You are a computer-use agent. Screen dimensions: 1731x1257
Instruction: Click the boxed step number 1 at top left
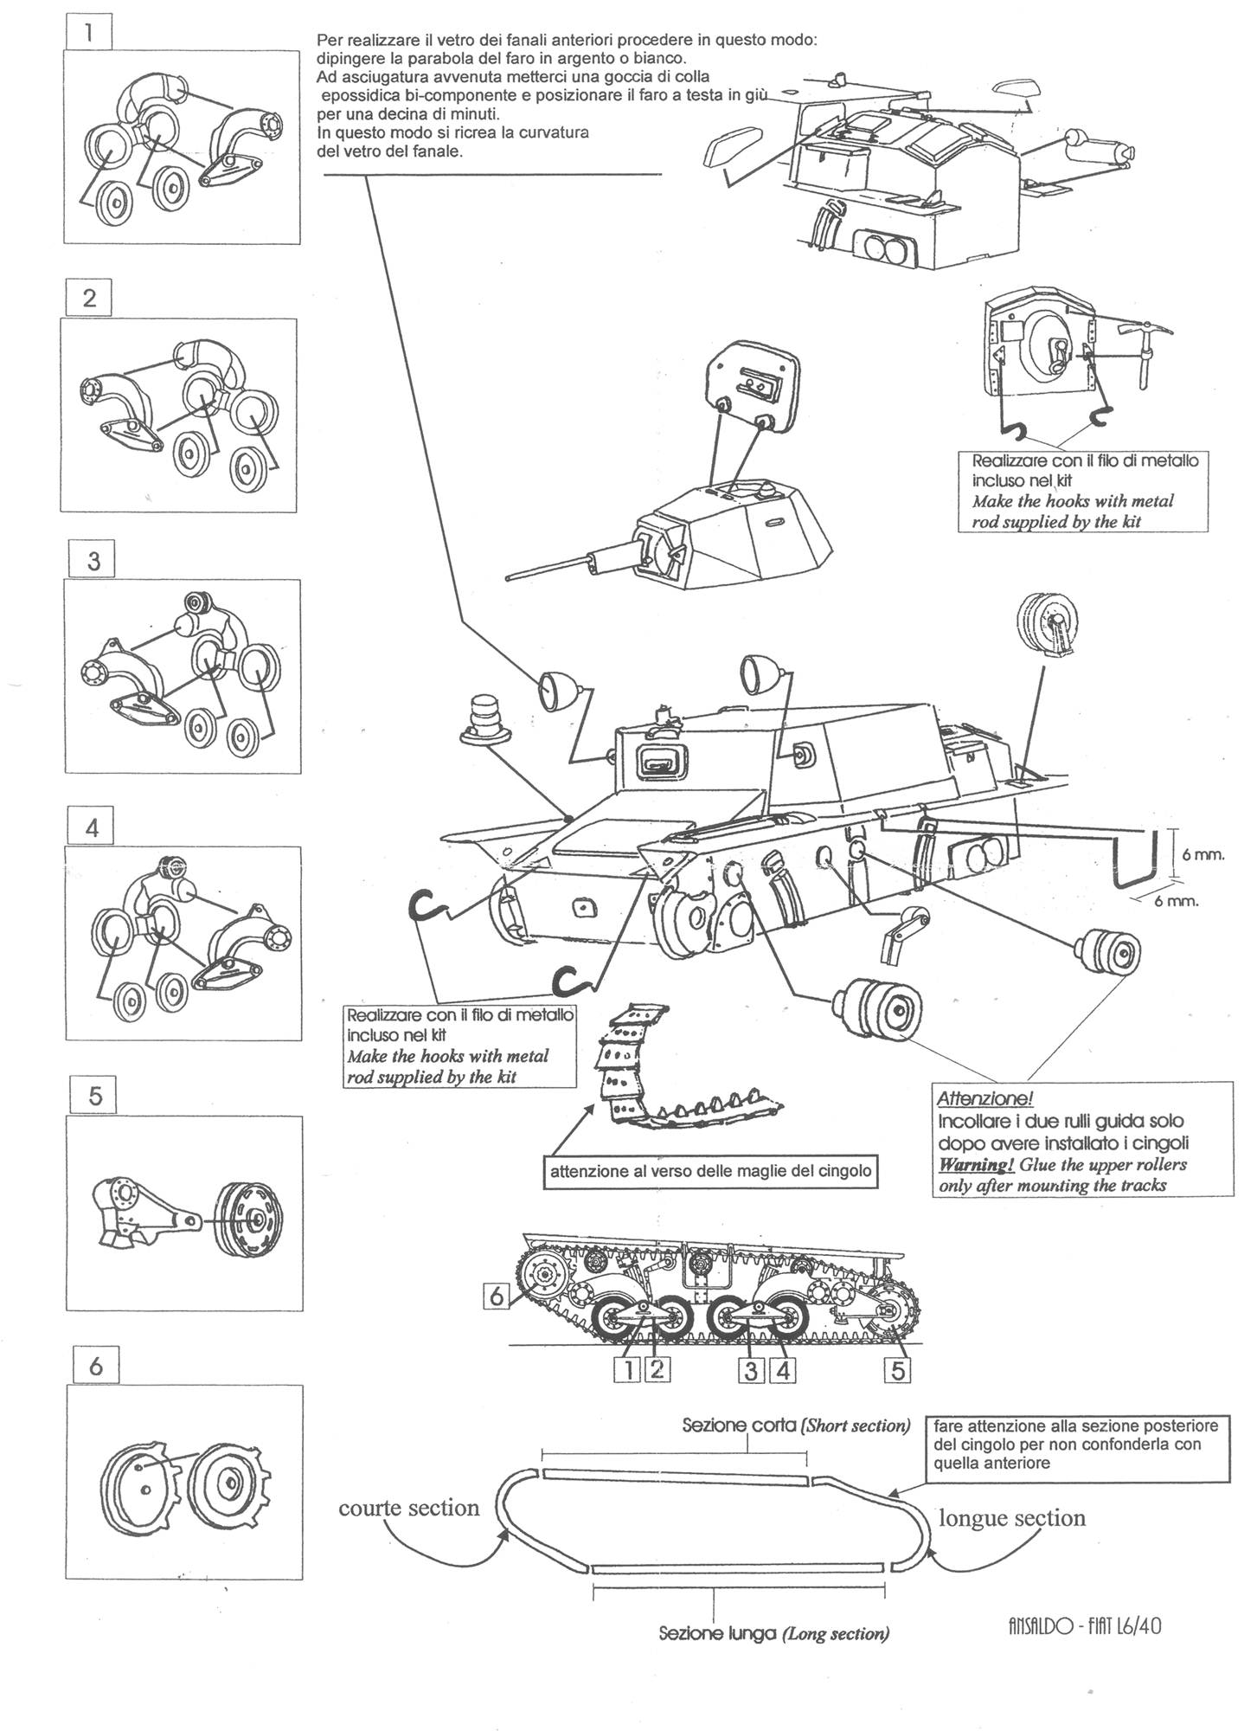point(90,35)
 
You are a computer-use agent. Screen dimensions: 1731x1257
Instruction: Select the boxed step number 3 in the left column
point(93,561)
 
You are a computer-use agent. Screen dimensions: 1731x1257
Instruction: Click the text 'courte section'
point(408,1507)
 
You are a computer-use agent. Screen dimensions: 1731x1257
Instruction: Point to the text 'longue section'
point(1011,1517)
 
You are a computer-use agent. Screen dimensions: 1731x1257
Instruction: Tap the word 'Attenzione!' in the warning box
point(984,1098)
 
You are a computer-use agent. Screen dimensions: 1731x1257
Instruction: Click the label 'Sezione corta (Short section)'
point(796,1425)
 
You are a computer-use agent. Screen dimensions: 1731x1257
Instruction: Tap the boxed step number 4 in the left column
point(93,828)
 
